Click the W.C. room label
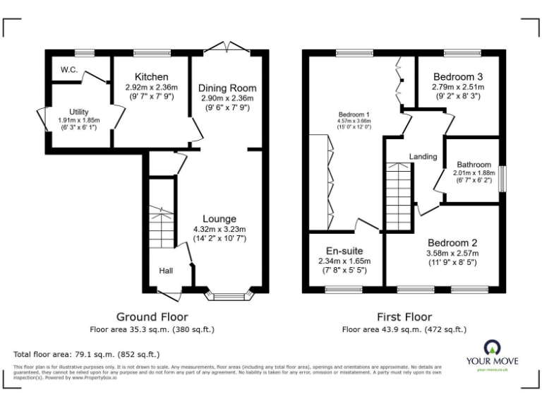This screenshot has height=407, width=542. pyautogui.click(x=69, y=69)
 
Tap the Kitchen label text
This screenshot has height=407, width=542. pyautogui.click(x=152, y=77)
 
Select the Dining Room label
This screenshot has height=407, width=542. pyautogui.click(x=227, y=88)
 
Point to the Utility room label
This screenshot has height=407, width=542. pyautogui.click(x=79, y=112)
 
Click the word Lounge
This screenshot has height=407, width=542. pyautogui.click(x=219, y=219)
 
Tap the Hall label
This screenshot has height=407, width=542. pyautogui.click(x=166, y=271)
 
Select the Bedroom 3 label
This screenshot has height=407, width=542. pyautogui.click(x=458, y=77)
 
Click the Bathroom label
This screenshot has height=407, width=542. pyautogui.click(x=472, y=165)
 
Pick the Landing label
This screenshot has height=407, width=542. pyautogui.click(x=423, y=156)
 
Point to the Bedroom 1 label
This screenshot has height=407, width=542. pyautogui.click(x=354, y=114)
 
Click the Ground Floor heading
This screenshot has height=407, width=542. pyautogui.click(x=152, y=317)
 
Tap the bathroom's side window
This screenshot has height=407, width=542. pyautogui.click(x=502, y=179)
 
